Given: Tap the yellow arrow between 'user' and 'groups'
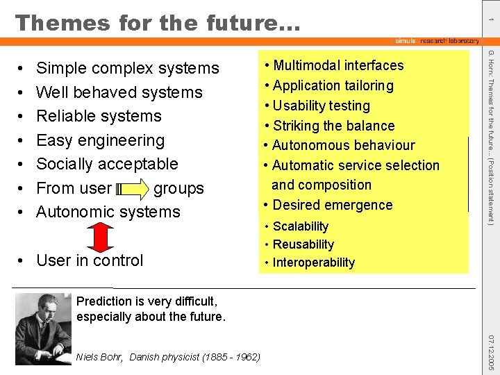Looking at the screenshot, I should click(x=132, y=188).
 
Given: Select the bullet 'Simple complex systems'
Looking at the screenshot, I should click(x=127, y=68).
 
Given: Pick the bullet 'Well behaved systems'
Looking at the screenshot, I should click(x=119, y=92).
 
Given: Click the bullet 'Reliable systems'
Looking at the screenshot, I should click(x=99, y=116).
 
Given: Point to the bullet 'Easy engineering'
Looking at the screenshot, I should click(x=100, y=140).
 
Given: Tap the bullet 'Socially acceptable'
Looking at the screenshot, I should click(x=107, y=164).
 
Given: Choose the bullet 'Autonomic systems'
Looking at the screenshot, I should click(x=108, y=212).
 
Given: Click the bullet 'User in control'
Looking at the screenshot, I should click(x=89, y=260).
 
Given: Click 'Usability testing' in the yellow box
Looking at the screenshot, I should click(x=321, y=106).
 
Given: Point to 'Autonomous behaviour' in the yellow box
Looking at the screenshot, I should click(x=343, y=145).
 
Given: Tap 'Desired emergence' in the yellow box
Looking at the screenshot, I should click(x=332, y=205).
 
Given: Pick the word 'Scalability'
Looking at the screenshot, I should click(x=300, y=226).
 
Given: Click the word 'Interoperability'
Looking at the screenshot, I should click(x=313, y=262).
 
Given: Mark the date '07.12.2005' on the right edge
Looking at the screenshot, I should click(x=490, y=352).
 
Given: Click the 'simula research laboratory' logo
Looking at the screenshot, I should click(x=436, y=41).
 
